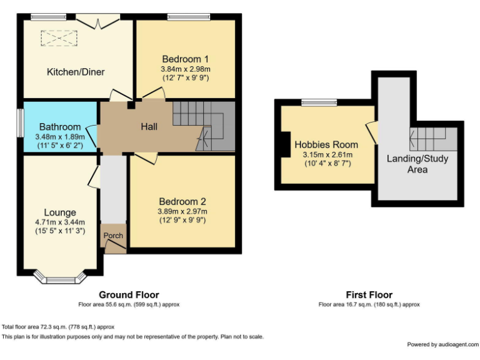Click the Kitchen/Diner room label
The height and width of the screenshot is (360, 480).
pos(76,72)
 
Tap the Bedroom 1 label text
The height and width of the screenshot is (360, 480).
pos(185,59)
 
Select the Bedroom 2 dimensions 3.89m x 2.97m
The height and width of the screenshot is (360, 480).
pos(182,212)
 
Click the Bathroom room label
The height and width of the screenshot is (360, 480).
pos(60,126)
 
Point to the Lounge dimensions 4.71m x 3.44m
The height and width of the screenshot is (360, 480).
pos(60,222)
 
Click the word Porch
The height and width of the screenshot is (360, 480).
pos(113,236)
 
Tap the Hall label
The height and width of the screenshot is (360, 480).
pos(148,126)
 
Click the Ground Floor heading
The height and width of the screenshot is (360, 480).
pos(129,294)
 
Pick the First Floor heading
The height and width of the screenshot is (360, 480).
pos(369,294)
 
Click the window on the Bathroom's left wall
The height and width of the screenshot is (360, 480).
pos(19,126)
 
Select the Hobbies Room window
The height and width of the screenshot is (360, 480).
pos(319,102)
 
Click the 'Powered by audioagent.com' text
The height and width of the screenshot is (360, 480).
pos(442,344)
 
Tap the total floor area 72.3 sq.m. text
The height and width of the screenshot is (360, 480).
pos(58,327)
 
